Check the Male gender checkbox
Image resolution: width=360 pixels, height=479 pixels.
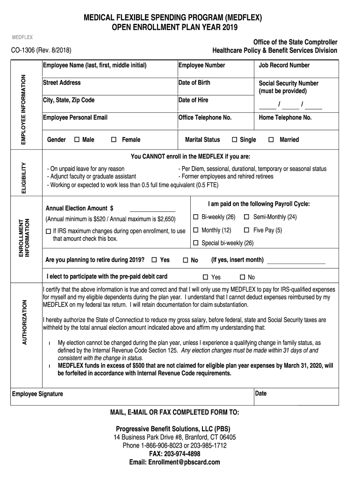(77, 140)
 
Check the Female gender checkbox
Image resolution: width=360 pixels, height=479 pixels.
(114, 140)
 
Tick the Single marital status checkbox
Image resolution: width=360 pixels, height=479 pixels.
(235, 140)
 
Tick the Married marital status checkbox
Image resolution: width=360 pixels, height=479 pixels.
(271, 140)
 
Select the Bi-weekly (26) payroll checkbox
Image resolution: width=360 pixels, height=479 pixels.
(196, 217)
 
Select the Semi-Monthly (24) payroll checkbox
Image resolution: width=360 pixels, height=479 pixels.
(246, 217)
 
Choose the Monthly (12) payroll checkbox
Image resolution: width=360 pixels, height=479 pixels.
(196, 230)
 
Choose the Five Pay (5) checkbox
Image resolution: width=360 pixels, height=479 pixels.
(246, 230)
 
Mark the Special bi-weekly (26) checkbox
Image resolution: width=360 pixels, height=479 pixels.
(196, 243)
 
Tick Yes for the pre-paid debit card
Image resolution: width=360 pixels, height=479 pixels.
(205, 277)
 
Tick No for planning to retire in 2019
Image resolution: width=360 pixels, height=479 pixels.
(185, 260)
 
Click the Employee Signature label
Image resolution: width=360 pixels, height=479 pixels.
(37, 394)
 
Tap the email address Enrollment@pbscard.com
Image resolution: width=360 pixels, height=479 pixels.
(174, 462)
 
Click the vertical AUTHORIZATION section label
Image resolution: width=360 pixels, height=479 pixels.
(25, 323)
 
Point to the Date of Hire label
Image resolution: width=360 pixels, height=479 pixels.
(193, 100)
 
